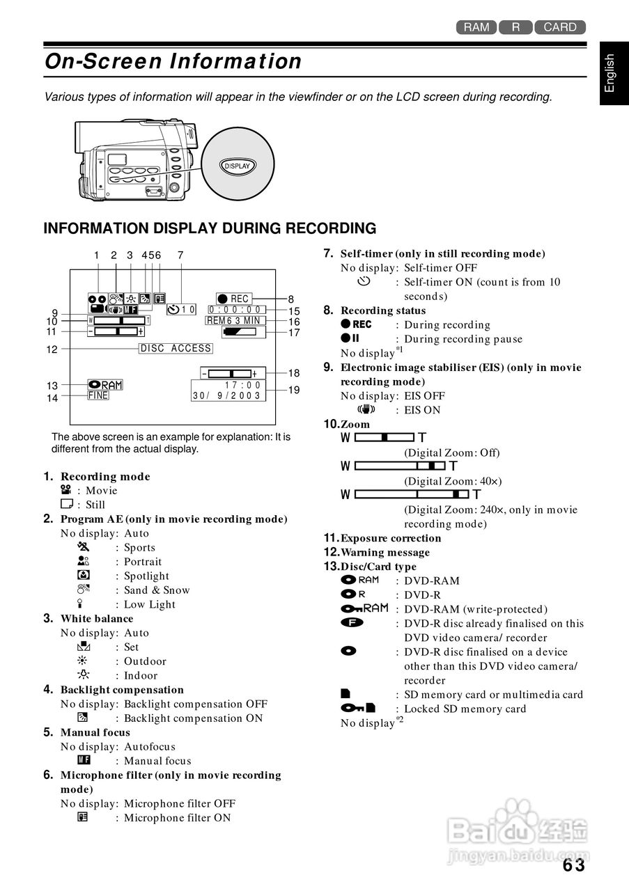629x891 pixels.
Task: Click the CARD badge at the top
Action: [x=560, y=27]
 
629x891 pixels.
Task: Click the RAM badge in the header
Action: [x=476, y=27]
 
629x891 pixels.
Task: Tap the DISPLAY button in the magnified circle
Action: [x=237, y=166]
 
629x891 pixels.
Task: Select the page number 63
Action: [x=574, y=865]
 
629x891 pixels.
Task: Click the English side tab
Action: [x=610, y=72]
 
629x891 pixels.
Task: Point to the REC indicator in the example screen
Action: [x=233, y=299]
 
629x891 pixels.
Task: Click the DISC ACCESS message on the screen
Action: [x=176, y=348]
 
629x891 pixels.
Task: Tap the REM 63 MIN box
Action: [x=235, y=321]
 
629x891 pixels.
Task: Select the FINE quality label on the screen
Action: [x=98, y=395]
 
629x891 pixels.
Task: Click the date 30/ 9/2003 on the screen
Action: [x=226, y=395]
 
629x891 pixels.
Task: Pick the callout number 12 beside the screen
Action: [x=52, y=349]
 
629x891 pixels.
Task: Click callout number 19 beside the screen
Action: [x=294, y=390]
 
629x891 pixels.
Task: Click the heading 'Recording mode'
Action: [x=105, y=477]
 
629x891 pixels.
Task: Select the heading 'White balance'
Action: [x=97, y=618]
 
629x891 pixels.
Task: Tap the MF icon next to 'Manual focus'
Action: [x=84, y=760]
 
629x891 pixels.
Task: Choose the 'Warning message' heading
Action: [x=385, y=552]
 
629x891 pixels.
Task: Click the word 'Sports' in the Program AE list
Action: [x=139, y=548]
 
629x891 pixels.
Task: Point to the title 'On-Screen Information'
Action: [x=173, y=61]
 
